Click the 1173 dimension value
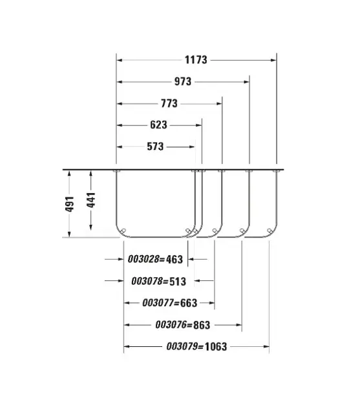[196, 60]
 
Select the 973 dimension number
[183, 82]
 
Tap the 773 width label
[169, 103]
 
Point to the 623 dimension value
[158, 125]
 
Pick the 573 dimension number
[155, 147]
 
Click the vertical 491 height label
[70, 204]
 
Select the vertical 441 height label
[91, 200]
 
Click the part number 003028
[143, 259]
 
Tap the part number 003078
[147, 281]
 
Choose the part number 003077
[158, 303]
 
